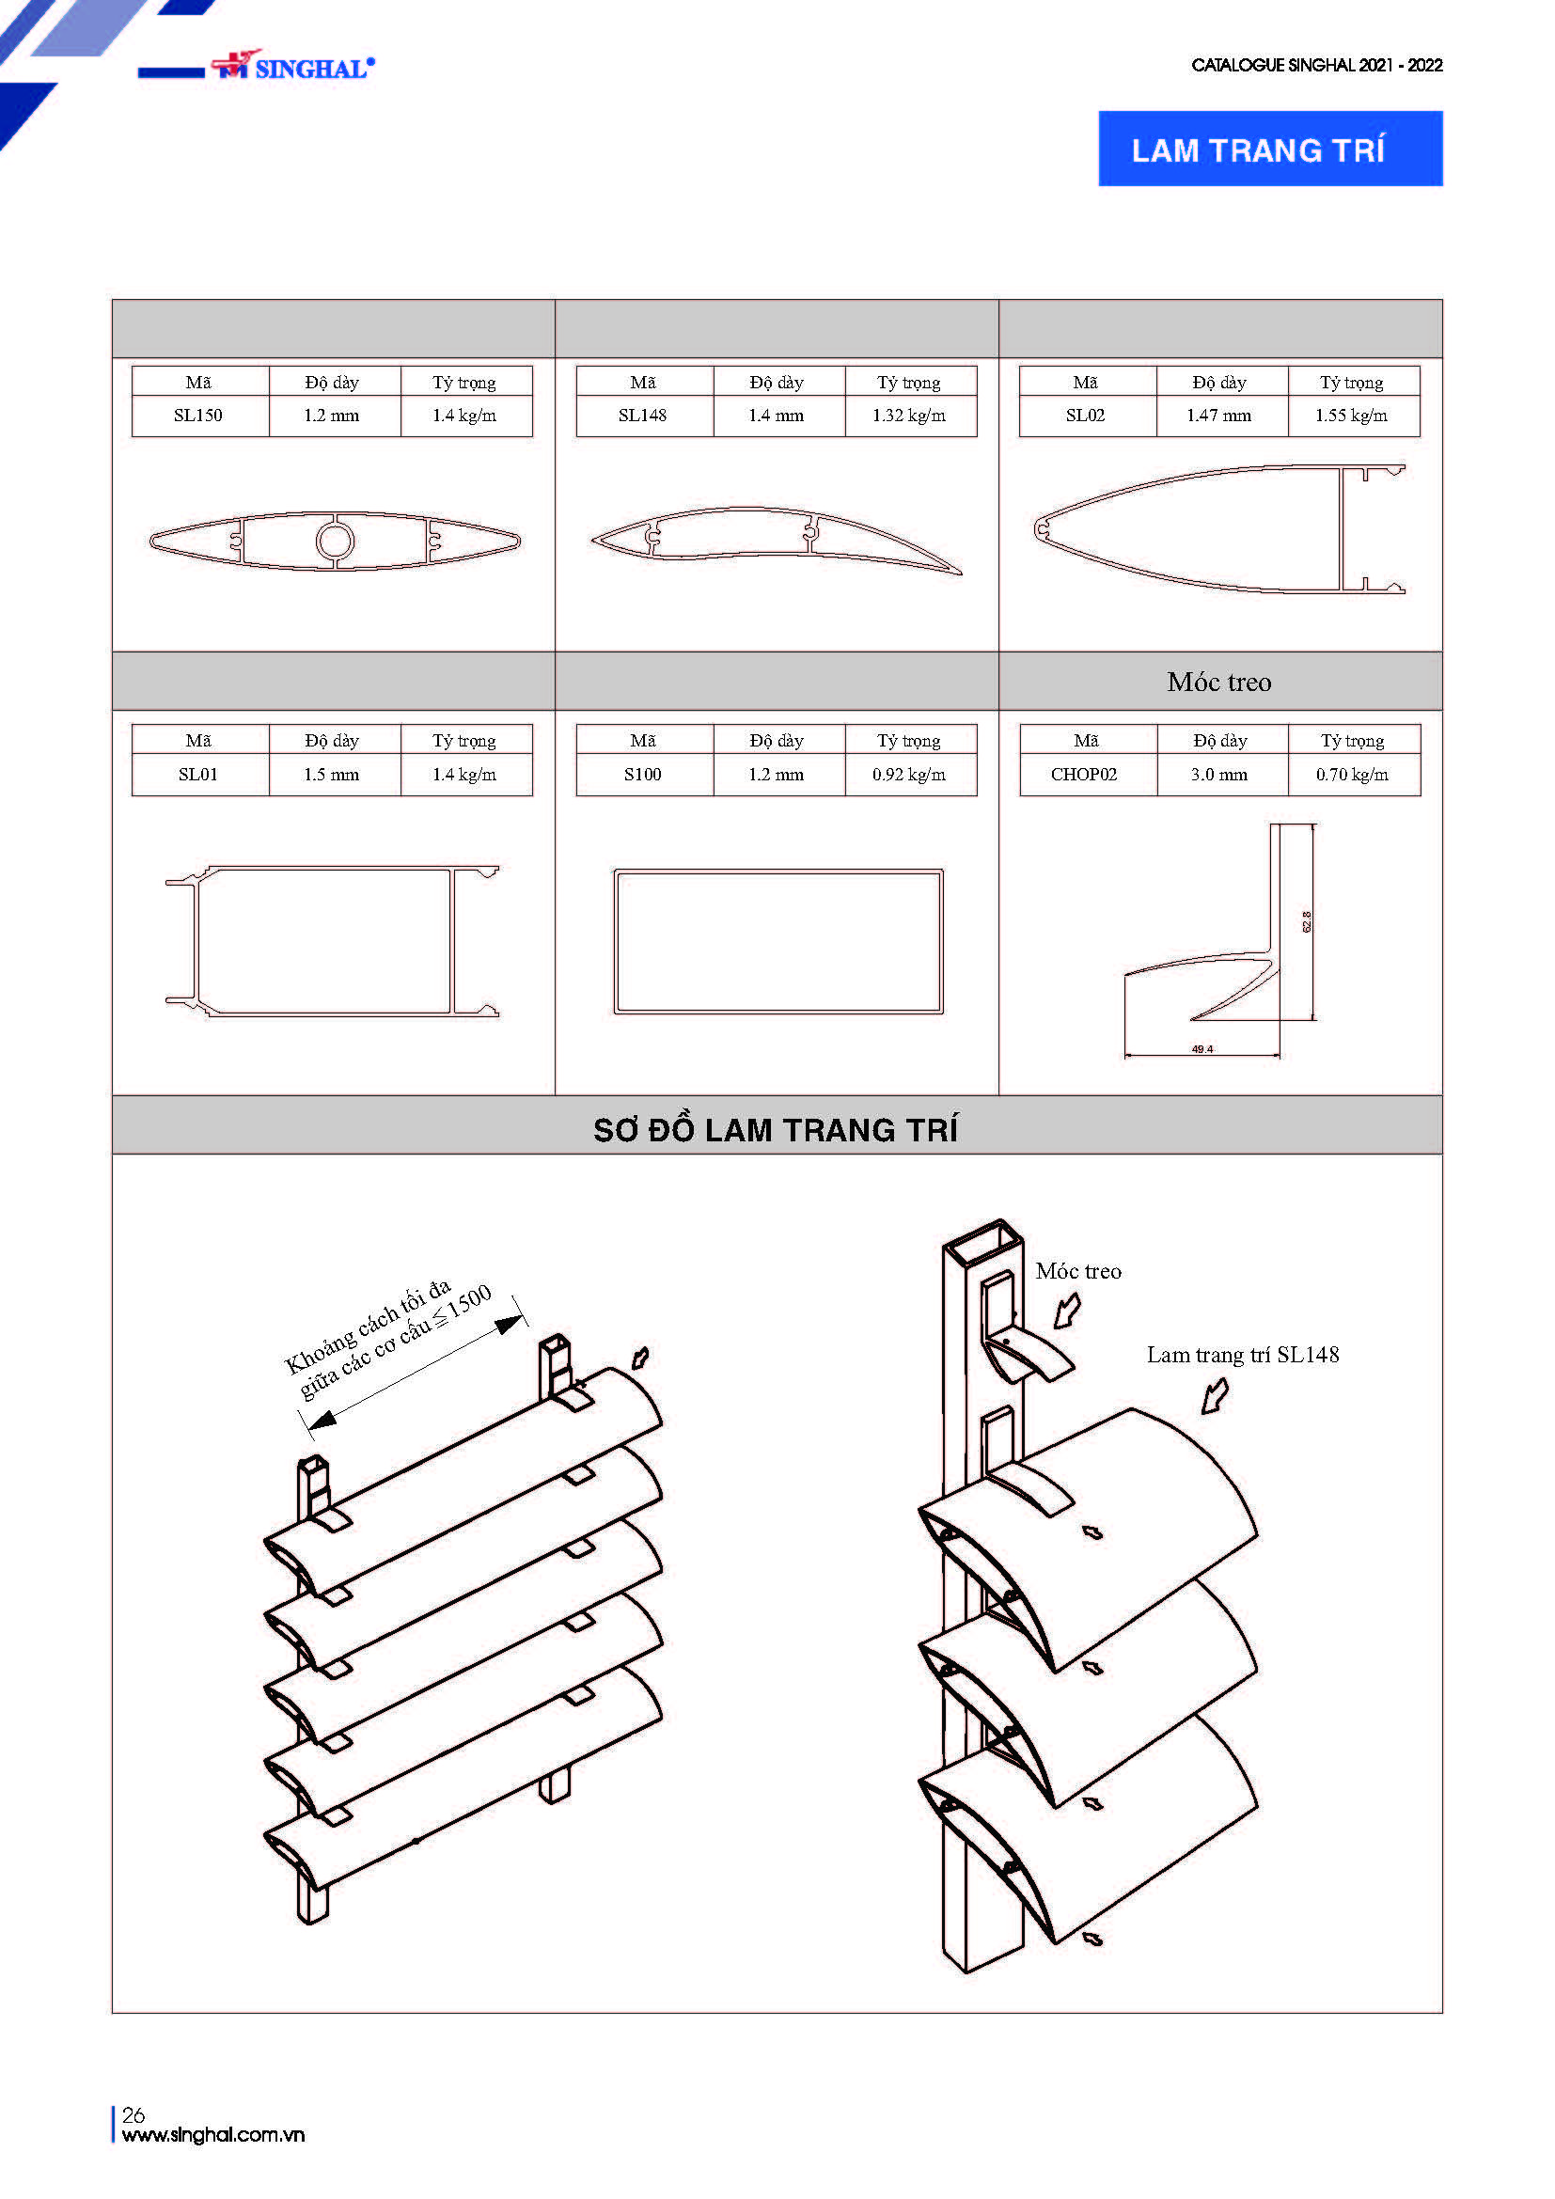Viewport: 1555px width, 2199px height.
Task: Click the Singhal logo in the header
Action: [292, 66]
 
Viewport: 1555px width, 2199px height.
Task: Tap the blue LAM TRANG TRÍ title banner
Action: [1269, 149]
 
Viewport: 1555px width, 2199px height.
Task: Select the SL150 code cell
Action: [198, 416]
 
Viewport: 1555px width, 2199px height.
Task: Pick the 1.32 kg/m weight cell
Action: [909, 416]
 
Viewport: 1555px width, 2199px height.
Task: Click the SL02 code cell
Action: [1085, 416]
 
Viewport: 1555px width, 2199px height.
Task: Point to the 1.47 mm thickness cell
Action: [1219, 416]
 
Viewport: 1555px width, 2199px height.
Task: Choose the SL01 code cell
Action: [198, 774]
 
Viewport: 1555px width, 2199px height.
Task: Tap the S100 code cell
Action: [642, 774]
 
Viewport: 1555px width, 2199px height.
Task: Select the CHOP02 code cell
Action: [1084, 774]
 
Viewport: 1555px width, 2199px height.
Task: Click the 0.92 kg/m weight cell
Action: [909, 774]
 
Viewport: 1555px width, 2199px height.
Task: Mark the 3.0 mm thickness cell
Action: [1219, 774]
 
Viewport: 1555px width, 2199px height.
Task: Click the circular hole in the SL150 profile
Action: [335, 542]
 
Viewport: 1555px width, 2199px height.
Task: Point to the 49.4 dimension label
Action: [1202, 1050]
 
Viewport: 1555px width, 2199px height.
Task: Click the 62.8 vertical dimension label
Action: [1307, 921]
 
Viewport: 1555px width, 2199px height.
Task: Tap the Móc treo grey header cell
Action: [1219, 682]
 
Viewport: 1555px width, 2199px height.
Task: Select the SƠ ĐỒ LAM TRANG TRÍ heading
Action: [776, 1130]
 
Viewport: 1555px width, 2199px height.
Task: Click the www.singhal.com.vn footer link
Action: [213, 2135]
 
